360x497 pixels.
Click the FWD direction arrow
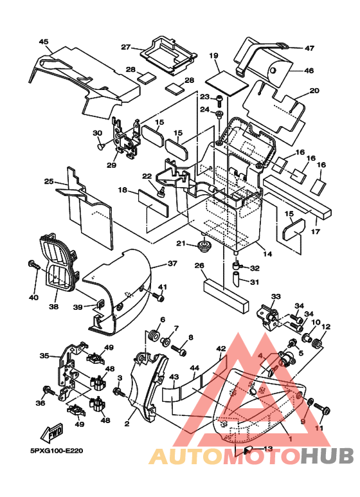(52, 433)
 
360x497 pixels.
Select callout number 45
(44, 42)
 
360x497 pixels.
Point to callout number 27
(126, 47)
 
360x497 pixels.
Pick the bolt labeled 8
(179, 350)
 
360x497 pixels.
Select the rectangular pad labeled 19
(226, 82)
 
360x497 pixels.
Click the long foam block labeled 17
(298, 197)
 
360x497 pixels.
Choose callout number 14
(268, 254)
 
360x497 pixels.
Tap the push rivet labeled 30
(101, 146)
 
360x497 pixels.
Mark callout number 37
(172, 264)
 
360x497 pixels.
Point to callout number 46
(309, 70)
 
